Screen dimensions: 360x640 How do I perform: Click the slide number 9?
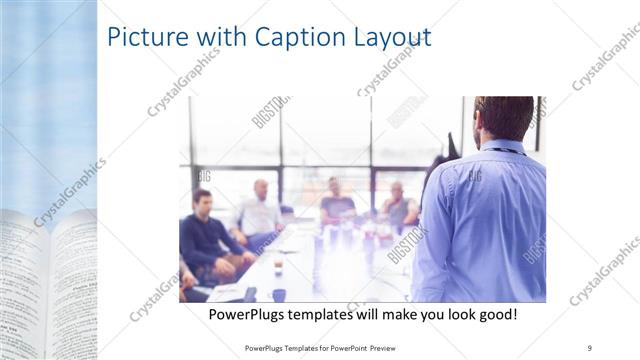coord(589,346)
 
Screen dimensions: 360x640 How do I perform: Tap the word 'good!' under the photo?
coord(494,315)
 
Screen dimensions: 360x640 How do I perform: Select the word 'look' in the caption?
coord(450,315)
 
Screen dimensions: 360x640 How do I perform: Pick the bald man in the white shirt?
coord(259,210)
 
